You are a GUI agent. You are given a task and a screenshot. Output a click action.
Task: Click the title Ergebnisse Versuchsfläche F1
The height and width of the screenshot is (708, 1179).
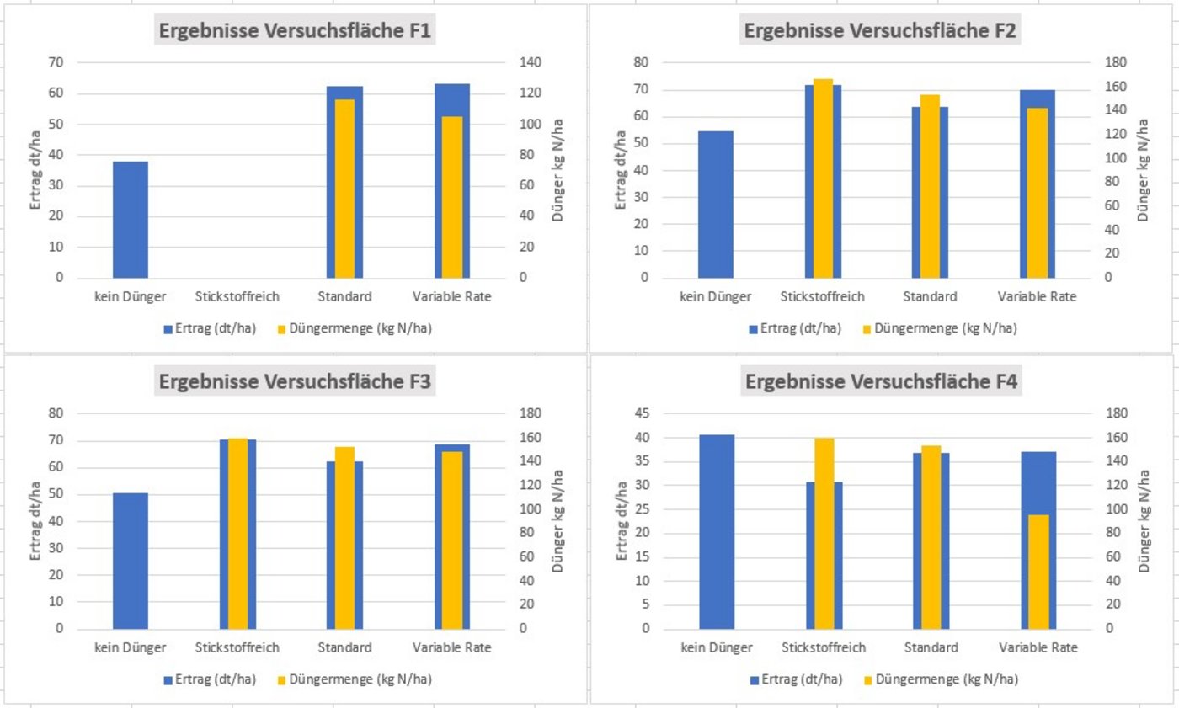click(x=295, y=31)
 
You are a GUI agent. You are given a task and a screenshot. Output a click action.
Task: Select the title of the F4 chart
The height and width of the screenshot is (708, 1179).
click(x=881, y=381)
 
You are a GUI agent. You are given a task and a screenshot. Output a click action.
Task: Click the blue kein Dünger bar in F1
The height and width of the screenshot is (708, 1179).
click(x=131, y=220)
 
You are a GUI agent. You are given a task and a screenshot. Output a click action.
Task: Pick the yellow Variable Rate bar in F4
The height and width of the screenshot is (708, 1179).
click(x=1038, y=572)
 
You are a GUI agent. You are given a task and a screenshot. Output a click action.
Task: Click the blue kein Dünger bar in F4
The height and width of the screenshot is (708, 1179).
click(x=717, y=531)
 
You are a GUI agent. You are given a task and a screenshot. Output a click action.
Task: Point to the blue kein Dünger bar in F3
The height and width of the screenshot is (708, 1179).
click(x=131, y=561)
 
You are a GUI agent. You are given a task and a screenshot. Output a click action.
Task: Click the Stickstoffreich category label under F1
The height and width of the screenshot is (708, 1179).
click(x=237, y=297)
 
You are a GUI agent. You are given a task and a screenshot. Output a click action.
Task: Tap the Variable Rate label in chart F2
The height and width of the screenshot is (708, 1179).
click(x=1038, y=297)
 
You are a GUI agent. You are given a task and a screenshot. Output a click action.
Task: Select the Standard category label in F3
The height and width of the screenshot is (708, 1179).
click(x=344, y=648)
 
